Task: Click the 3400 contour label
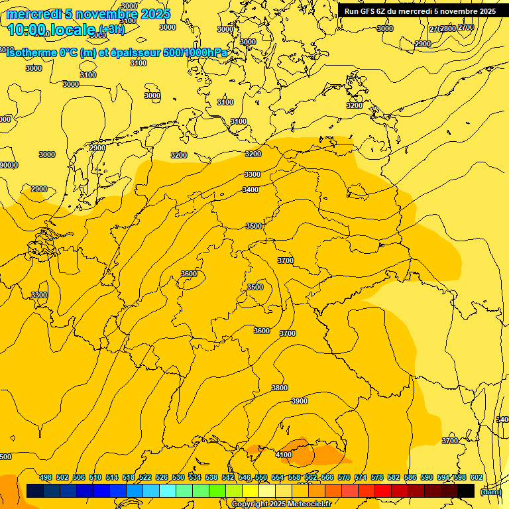[251, 190]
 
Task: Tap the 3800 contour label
[280, 388]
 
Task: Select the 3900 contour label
[300, 401]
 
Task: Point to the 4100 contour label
[284, 455]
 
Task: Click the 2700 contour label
[466, 27]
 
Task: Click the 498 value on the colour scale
[46, 477]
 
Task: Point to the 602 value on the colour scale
[477, 477]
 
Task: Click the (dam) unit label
[490, 491]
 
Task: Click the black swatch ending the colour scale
[466, 490]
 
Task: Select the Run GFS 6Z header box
[420, 11]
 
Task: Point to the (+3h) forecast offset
[111, 29]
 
